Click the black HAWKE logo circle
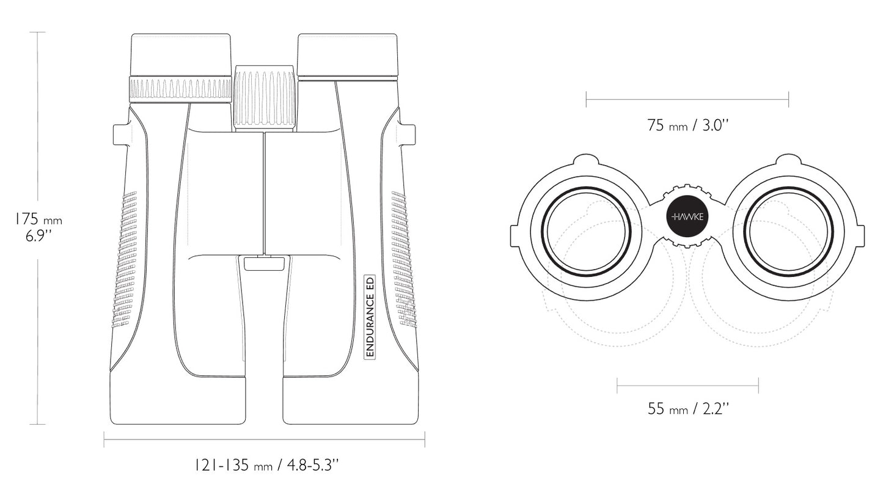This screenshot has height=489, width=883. (x=688, y=216)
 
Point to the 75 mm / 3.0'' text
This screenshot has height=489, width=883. (x=687, y=126)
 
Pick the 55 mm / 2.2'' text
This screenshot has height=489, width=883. (x=688, y=409)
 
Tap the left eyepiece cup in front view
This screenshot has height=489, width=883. (x=181, y=55)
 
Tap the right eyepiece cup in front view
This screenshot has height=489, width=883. (x=348, y=55)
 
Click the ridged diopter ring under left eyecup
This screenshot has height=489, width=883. (x=180, y=90)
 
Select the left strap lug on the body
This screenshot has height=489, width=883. (x=121, y=134)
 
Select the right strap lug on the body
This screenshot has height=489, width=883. (x=408, y=134)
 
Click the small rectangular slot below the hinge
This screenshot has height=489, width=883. (x=264, y=263)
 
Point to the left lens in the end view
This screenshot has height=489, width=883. (x=587, y=232)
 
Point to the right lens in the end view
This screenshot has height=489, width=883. (x=789, y=232)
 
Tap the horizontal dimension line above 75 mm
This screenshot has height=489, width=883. (x=687, y=99)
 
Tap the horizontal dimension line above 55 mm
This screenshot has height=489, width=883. (x=687, y=386)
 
